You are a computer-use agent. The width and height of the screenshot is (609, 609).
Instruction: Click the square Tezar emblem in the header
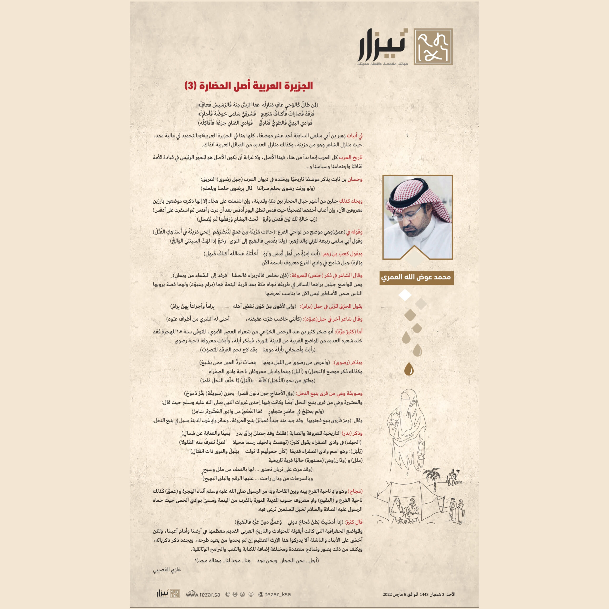point(433,46)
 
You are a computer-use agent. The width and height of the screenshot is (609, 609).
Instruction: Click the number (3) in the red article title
point(190,86)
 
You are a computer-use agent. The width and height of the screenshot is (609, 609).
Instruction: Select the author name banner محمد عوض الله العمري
point(416,277)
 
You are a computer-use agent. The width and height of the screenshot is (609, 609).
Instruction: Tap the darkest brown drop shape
point(409,368)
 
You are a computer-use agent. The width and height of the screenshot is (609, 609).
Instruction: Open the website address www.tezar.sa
point(203,594)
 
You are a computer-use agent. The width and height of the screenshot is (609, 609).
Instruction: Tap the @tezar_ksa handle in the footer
point(274,594)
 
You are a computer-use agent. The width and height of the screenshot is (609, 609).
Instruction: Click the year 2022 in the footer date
point(387,594)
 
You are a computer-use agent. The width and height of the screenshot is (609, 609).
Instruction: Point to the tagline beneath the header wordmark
point(383,64)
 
